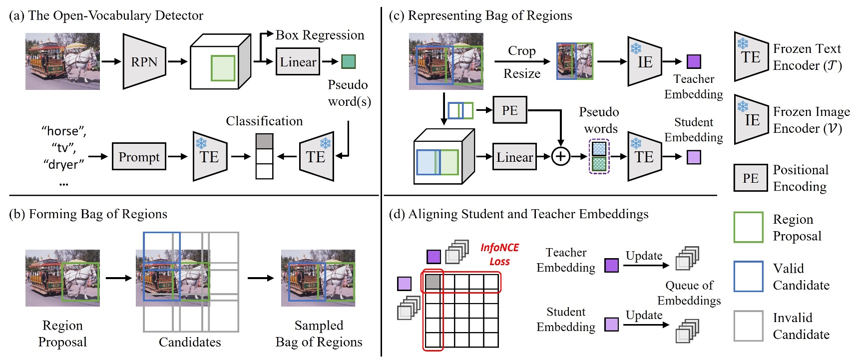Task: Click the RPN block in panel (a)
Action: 144,62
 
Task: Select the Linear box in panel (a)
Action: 298,62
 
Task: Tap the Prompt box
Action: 139,157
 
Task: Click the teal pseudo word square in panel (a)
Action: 348,61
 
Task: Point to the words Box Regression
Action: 320,35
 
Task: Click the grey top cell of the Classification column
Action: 264,141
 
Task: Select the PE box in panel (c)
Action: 509,110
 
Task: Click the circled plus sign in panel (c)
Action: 561,157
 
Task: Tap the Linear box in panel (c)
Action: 514,157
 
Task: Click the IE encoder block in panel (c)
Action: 644,62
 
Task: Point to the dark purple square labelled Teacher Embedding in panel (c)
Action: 694,61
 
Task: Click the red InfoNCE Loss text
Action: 499,254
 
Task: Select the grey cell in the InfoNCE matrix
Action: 432,282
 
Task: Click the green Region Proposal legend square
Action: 748,227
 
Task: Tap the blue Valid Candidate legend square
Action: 748,276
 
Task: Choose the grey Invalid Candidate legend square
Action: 748,326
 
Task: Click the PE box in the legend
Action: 750,178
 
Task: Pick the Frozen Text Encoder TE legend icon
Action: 751,57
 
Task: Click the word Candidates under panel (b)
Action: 190,342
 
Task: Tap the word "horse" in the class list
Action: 64,131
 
